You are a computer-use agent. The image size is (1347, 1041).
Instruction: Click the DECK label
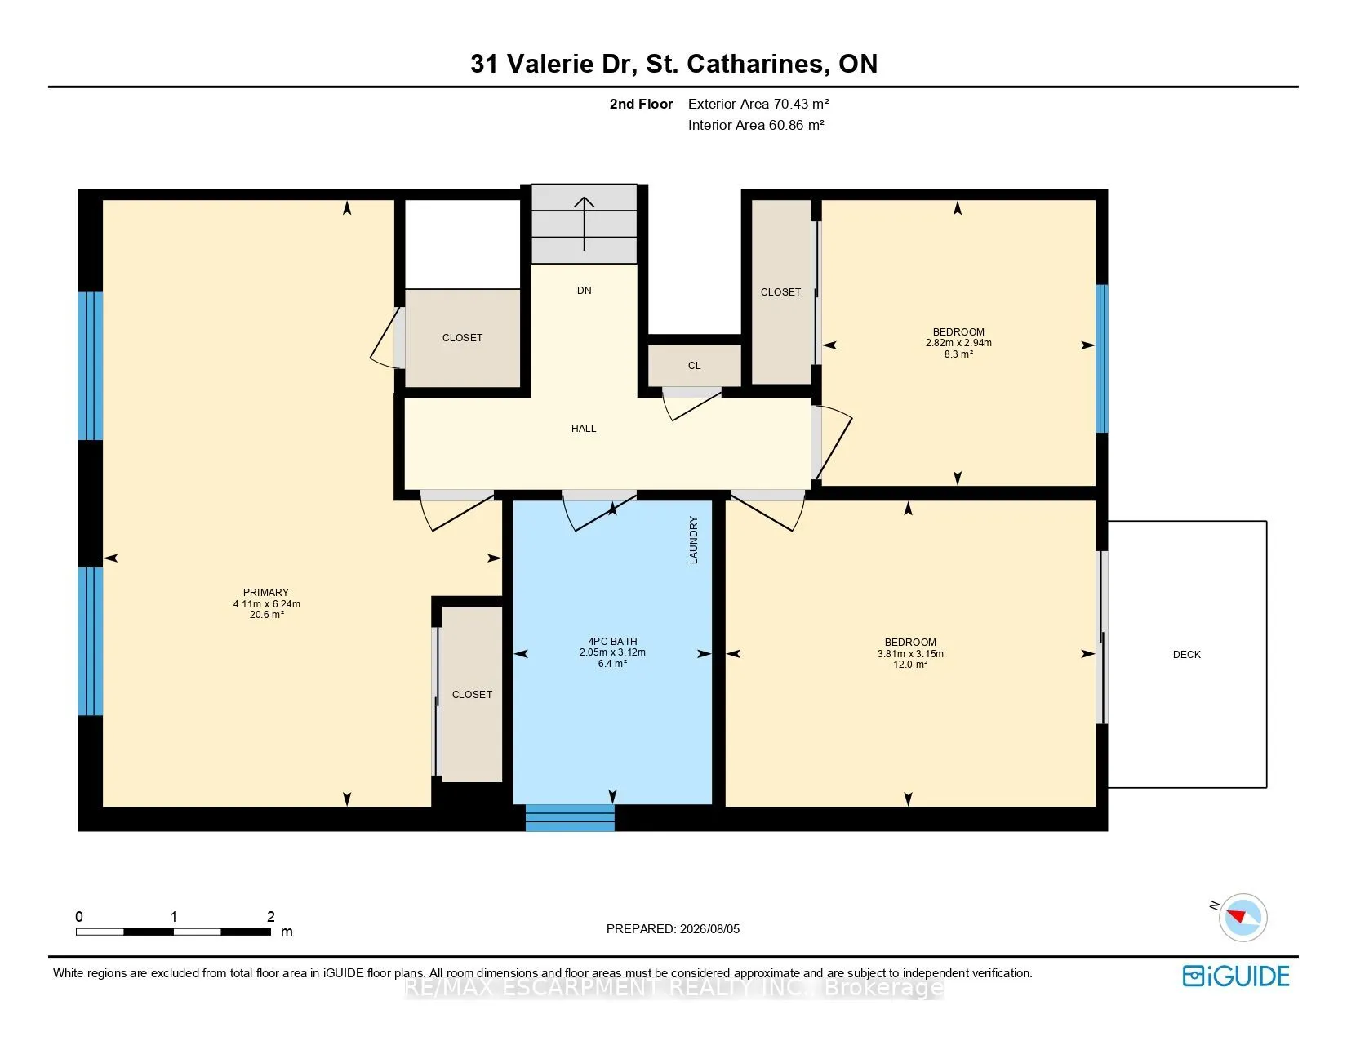coord(1186,654)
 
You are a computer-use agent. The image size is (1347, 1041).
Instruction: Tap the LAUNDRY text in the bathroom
coord(693,540)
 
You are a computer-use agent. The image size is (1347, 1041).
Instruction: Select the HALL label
coord(584,429)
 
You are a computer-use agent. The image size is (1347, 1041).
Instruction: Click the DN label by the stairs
coord(584,290)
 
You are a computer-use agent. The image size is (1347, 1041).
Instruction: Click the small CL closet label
coord(694,366)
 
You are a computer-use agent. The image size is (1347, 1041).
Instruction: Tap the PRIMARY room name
coord(266,592)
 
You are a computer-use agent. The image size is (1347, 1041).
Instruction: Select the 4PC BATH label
coord(612,641)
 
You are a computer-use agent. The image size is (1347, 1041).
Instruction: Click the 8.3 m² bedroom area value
coord(958,354)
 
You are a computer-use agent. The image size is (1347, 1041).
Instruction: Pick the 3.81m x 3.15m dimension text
coord(910,653)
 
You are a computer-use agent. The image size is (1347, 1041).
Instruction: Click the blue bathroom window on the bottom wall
coord(570,818)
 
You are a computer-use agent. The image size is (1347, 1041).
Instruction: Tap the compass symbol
coord(1243,918)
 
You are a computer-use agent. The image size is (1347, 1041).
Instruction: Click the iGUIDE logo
coord(1235,976)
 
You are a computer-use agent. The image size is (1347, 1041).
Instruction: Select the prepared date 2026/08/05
coord(709,929)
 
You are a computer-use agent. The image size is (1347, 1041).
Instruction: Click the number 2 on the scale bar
coord(270,916)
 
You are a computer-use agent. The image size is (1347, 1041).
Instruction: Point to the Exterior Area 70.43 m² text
coord(758,104)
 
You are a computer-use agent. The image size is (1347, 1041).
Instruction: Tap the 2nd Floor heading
coord(641,105)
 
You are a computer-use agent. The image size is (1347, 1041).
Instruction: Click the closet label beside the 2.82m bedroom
coord(780,292)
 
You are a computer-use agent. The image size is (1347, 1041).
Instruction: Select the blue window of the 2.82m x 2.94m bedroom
coord(1101,358)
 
